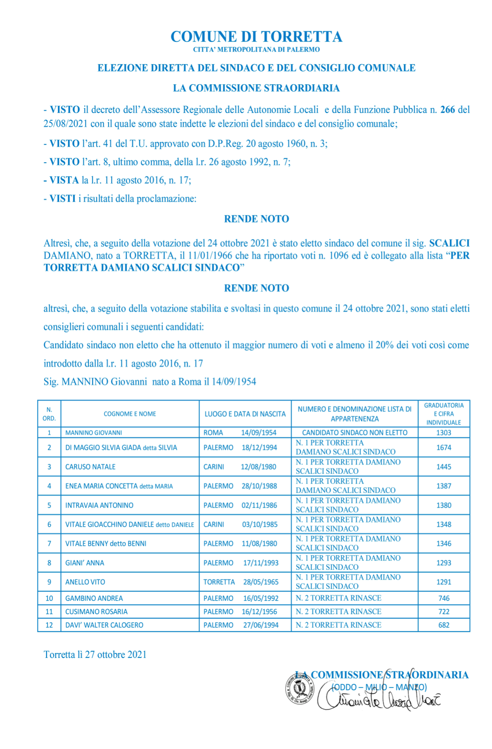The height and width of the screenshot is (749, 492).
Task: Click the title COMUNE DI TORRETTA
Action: (x=256, y=36)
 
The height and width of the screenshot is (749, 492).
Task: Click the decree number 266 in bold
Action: (x=447, y=109)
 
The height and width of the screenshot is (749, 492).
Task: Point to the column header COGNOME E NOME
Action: (x=130, y=414)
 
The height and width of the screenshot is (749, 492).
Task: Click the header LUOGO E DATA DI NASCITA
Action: (x=245, y=414)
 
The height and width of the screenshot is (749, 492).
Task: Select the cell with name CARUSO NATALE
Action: (x=90, y=467)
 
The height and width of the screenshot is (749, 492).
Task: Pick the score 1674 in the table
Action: (x=444, y=447)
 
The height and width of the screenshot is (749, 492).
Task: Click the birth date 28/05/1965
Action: (x=261, y=582)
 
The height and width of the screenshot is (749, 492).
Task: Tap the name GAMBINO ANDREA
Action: (x=94, y=598)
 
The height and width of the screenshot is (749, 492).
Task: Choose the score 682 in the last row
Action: (x=444, y=625)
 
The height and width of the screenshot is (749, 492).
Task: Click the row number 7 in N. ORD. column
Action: (x=49, y=544)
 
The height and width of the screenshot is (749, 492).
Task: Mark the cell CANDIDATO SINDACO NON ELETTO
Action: (x=354, y=432)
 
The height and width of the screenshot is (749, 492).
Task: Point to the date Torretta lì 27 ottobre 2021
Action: (x=95, y=654)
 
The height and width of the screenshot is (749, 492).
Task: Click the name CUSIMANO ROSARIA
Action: (x=96, y=611)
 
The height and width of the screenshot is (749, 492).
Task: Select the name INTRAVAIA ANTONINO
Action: (x=99, y=505)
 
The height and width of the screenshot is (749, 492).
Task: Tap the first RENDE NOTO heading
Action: (x=256, y=219)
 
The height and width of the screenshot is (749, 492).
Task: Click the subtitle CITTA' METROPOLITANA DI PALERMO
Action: (x=256, y=49)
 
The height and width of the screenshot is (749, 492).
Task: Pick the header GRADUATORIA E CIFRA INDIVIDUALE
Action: (x=444, y=414)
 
